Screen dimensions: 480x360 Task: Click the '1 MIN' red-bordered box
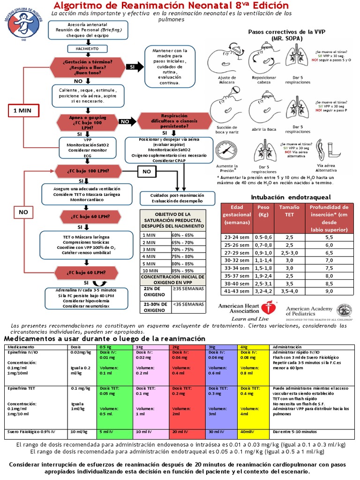click(22, 111)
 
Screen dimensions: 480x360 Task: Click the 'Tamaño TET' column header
click(289, 210)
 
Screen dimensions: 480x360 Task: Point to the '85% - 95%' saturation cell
click(182, 270)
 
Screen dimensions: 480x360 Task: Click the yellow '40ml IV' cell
click(254, 431)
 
